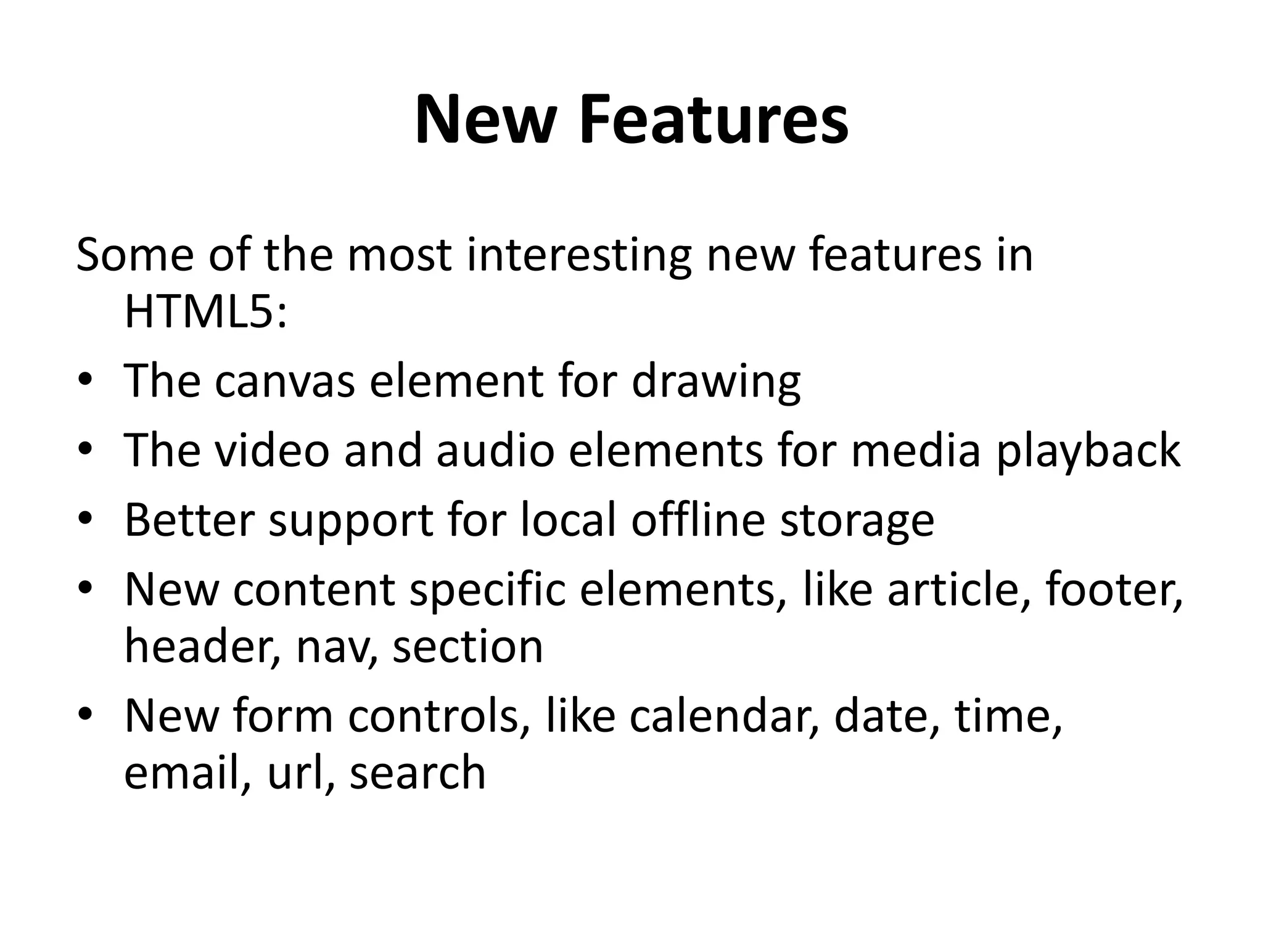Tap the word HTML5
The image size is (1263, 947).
click(205, 312)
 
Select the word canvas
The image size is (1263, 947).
click(285, 381)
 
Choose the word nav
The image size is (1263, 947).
click(336, 647)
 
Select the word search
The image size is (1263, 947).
click(418, 773)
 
